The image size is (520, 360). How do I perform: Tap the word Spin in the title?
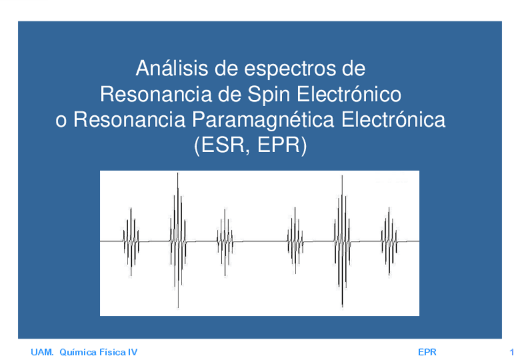[x=268, y=93]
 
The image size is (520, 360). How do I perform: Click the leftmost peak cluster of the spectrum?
[x=131, y=241]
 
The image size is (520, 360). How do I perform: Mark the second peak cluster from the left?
[x=177, y=241]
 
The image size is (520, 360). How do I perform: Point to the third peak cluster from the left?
[x=223, y=241]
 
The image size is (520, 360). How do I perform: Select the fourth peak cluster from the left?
[x=296, y=241]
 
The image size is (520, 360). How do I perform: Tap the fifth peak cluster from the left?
[x=342, y=241]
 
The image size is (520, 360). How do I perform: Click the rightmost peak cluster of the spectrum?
[x=388, y=241]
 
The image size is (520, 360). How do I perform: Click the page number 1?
[x=511, y=352]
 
